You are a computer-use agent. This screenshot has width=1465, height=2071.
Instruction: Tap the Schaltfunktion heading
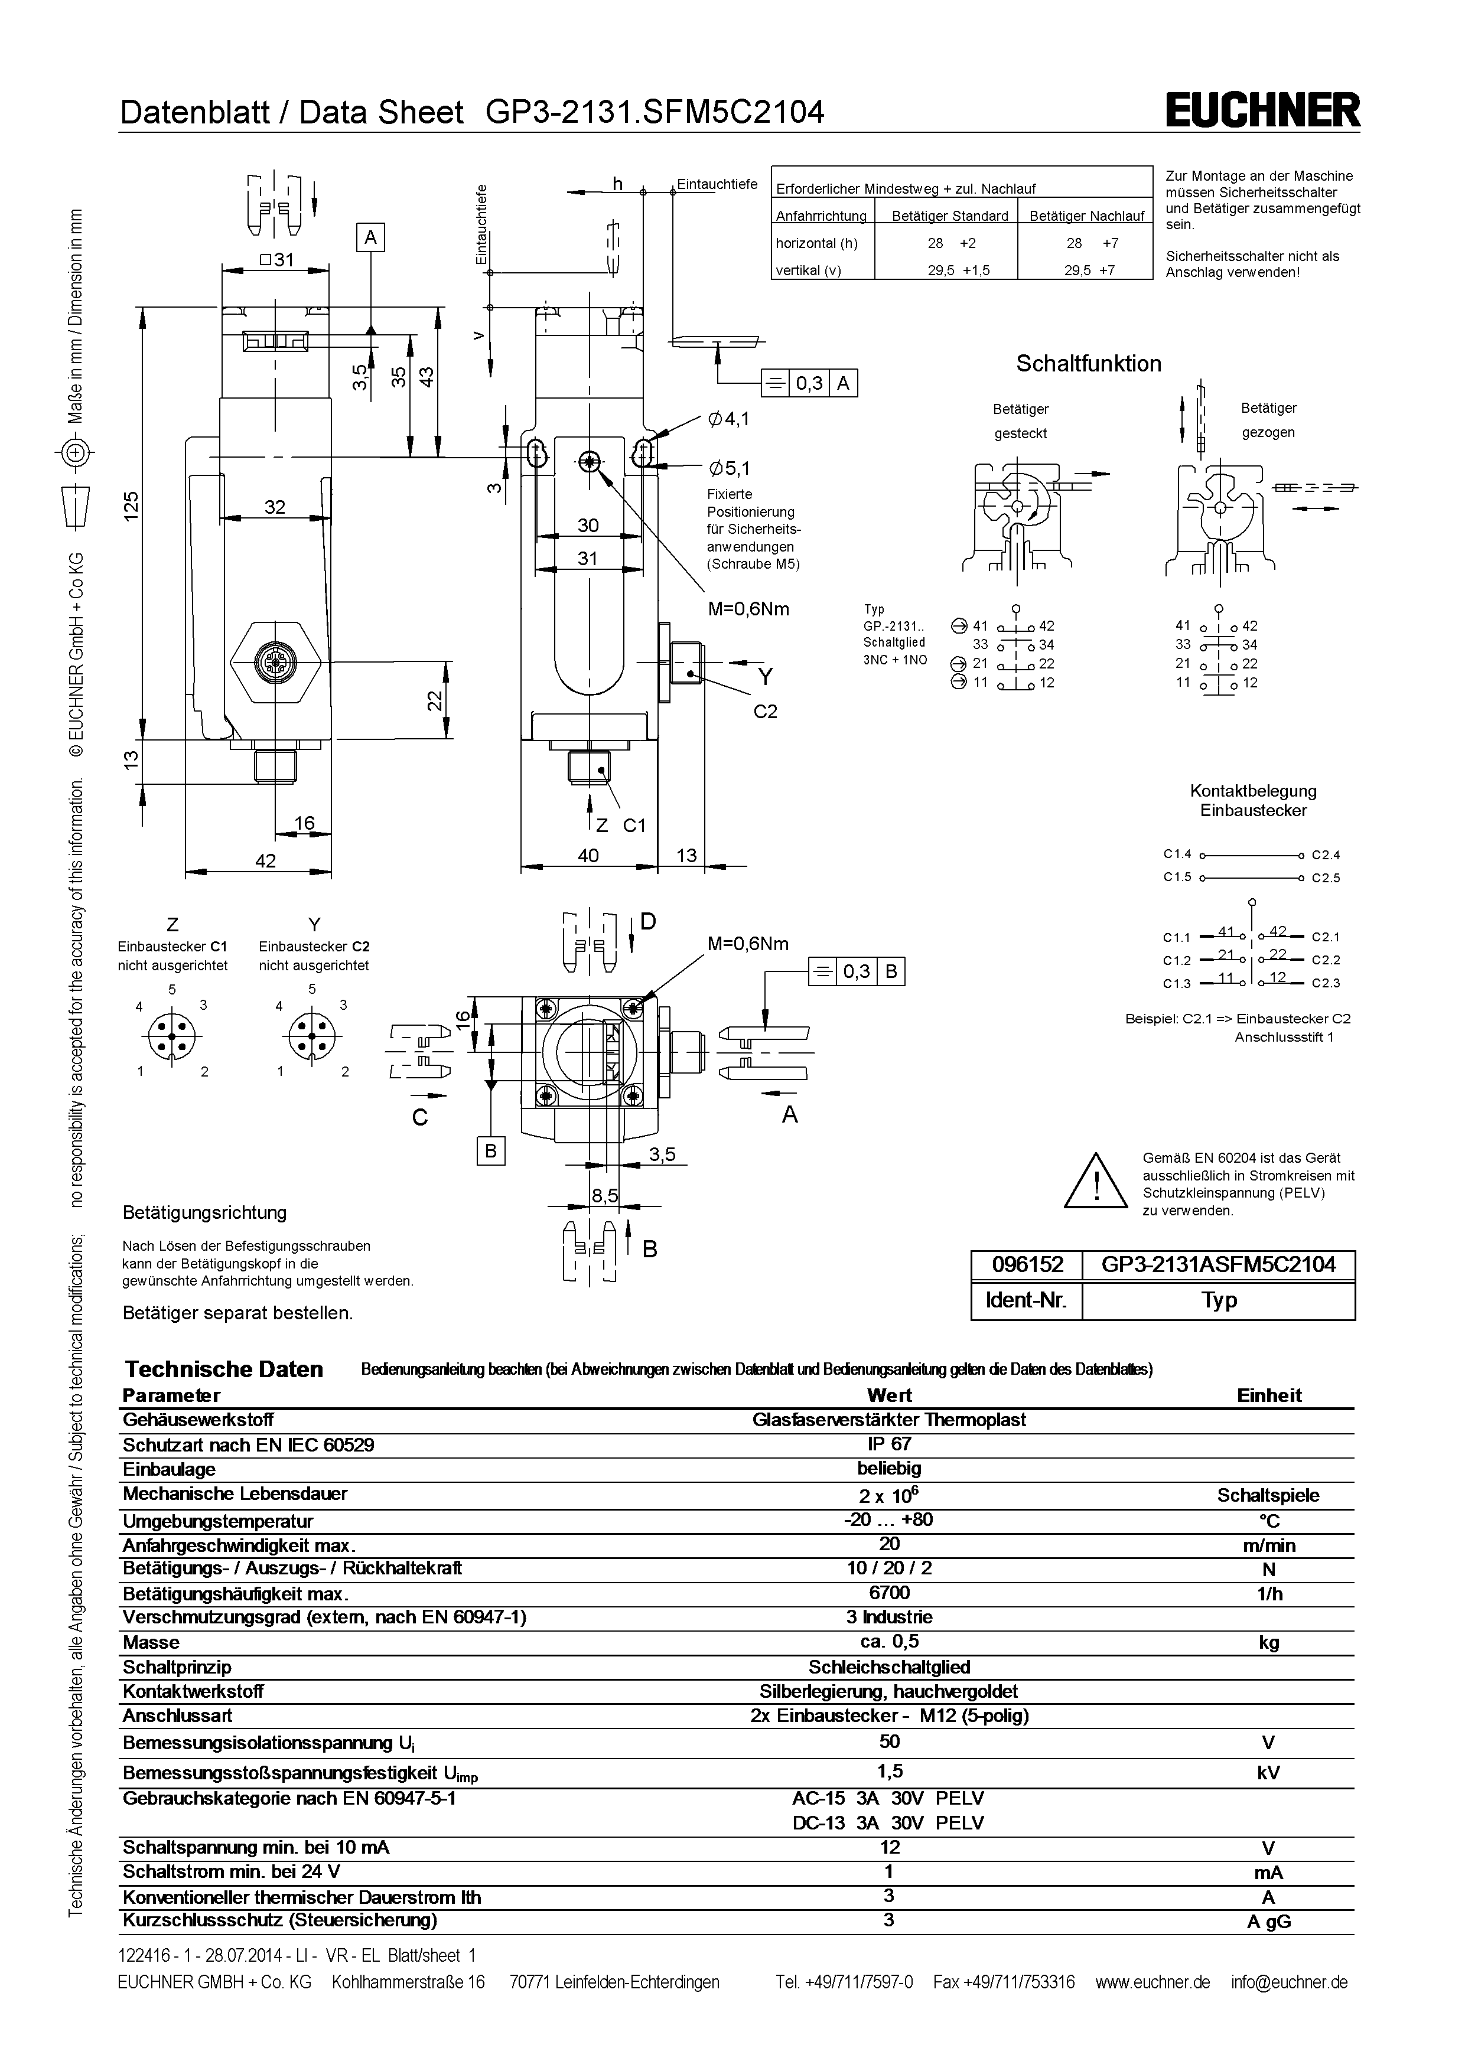point(1088,364)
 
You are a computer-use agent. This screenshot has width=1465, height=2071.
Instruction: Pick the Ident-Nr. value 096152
point(1027,1264)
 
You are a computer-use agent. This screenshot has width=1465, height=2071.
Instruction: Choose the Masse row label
point(152,1642)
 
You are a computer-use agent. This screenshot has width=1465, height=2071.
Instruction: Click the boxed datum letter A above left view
point(370,237)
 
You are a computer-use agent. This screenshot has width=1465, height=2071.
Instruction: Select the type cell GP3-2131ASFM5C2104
point(1218,1264)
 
